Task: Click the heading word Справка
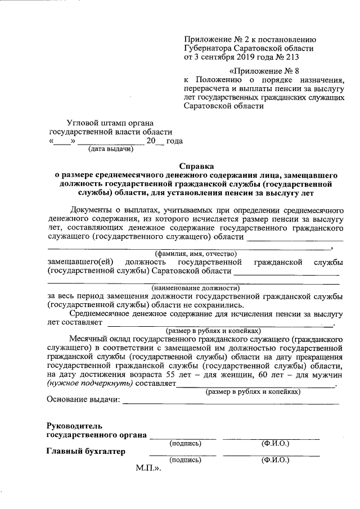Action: [196, 166]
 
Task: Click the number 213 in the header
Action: [286, 57]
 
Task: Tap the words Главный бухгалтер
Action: [85, 451]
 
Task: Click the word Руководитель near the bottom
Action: [74, 425]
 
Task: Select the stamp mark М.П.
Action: [148, 469]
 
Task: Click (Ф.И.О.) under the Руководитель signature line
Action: [275, 443]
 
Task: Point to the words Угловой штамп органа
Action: [110, 122]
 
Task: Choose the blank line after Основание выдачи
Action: [231, 402]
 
